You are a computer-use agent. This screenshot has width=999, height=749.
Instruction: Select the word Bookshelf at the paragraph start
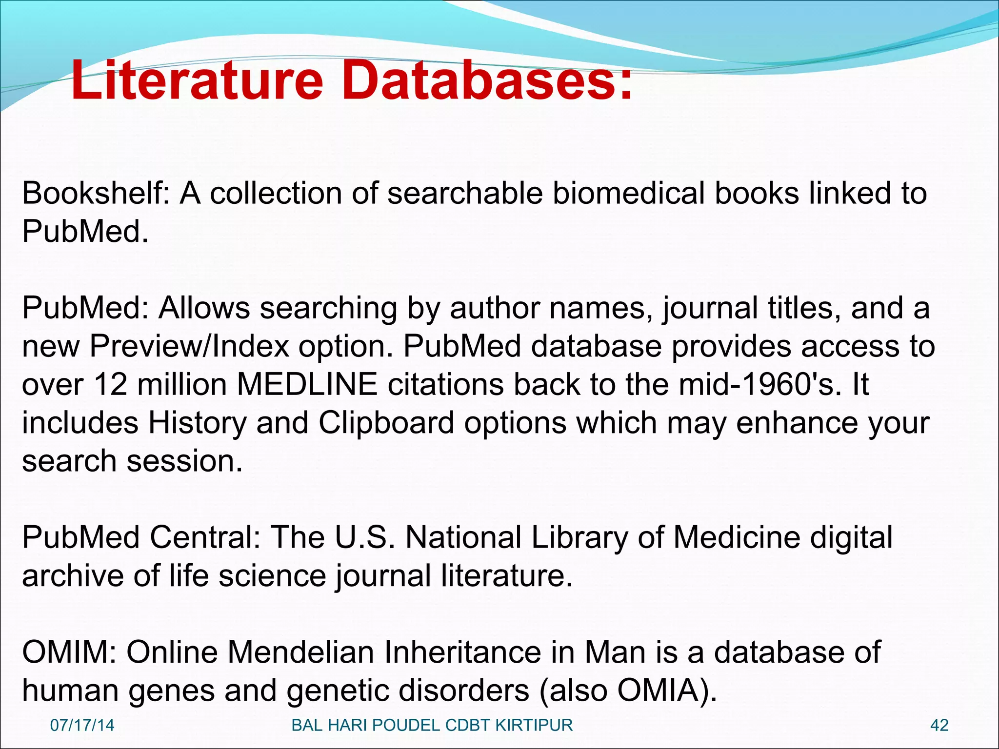coord(95,193)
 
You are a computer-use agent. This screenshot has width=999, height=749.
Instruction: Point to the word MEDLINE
coord(307,384)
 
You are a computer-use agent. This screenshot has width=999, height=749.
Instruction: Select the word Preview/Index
coord(190,346)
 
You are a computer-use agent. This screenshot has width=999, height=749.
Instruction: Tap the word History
coord(198,423)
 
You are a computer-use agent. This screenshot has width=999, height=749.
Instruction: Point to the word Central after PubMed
coord(204,537)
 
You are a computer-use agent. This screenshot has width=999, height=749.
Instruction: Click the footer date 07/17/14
coord(82,725)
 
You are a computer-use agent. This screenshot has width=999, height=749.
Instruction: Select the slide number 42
coord(939,725)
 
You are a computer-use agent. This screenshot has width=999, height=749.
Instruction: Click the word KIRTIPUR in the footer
coord(534,725)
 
